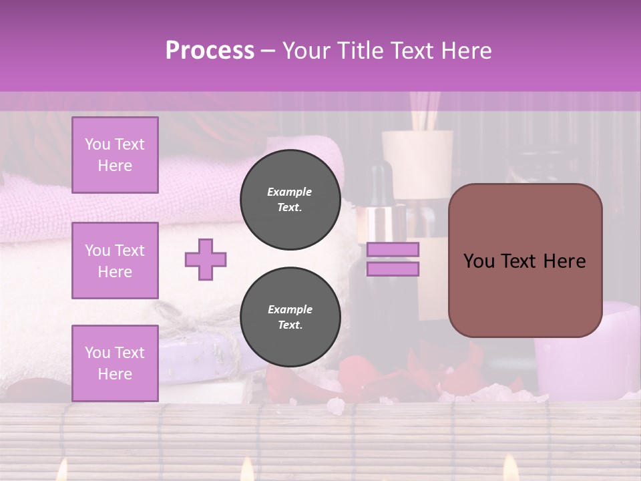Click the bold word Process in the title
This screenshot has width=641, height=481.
210,51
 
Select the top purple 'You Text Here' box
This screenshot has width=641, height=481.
115,155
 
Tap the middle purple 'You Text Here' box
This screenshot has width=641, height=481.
115,261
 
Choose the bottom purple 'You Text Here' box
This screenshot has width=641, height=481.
115,363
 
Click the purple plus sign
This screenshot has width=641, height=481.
206,259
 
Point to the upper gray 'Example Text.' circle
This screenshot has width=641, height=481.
290,199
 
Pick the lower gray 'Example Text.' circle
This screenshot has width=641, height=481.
290,317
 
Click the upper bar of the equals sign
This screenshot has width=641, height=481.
393,249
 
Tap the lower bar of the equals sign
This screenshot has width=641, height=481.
393,269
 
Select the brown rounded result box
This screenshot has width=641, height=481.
525,261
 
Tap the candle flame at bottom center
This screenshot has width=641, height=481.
247,470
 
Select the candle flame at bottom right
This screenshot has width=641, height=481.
510,468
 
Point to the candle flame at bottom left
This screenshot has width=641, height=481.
61,472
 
